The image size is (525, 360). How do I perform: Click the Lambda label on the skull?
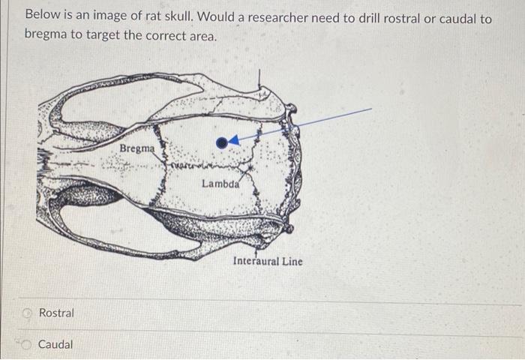[220, 183]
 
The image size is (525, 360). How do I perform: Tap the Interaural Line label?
[268, 261]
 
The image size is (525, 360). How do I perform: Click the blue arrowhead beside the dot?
[234, 139]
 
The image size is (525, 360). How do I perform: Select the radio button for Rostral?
[28, 313]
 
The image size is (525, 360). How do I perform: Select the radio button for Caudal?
[28, 345]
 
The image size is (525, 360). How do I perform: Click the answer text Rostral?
[56, 313]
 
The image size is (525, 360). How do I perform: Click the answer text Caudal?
[55, 345]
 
